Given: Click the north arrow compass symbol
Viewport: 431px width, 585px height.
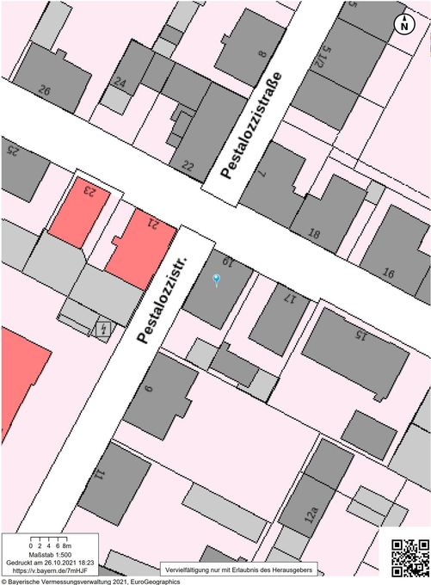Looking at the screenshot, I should click(x=404, y=25).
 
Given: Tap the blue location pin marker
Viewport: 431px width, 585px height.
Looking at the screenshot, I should click(x=216, y=279).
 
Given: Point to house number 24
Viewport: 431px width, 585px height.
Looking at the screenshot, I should click(x=120, y=83).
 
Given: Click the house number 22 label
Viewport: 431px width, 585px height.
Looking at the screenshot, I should click(x=188, y=165).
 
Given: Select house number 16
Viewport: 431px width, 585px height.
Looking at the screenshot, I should click(x=389, y=274).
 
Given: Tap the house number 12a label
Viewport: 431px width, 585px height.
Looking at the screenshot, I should click(x=312, y=515).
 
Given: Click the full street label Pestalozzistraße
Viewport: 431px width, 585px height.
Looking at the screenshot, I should click(x=251, y=125).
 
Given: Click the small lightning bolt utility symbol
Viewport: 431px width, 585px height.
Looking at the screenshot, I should click(x=103, y=329).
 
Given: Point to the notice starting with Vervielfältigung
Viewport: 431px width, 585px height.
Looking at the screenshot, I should click(x=242, y=569).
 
